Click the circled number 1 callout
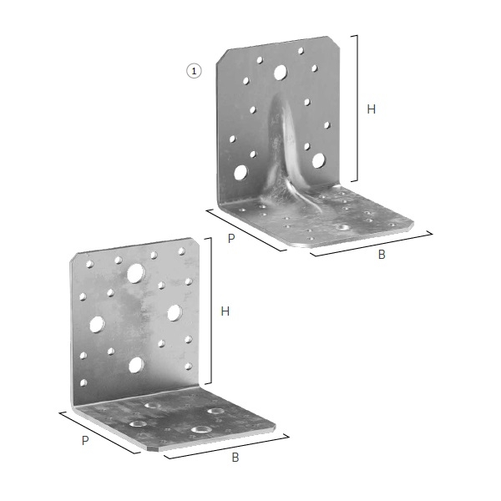(194, 71)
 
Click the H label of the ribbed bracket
(371, 109)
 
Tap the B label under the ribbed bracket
(382, 255)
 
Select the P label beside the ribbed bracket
(231, 238)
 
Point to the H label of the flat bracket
(225, 311)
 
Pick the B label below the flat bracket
(235, 458)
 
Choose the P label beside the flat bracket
(85, 441)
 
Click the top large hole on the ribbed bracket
(281, 73)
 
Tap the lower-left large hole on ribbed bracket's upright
(240, 173)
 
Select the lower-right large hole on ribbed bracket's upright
(318, 160)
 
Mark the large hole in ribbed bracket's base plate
(342, 228)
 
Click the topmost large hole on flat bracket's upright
(136, 274)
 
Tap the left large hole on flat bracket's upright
(97, 324)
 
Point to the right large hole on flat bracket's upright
(175, 313)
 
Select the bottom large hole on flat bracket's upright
(136, 365)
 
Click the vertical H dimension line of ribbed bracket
(357, 109)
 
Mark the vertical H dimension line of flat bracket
(211, 311)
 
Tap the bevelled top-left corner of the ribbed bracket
(222, 57)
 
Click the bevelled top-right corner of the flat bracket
(195, 242)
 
